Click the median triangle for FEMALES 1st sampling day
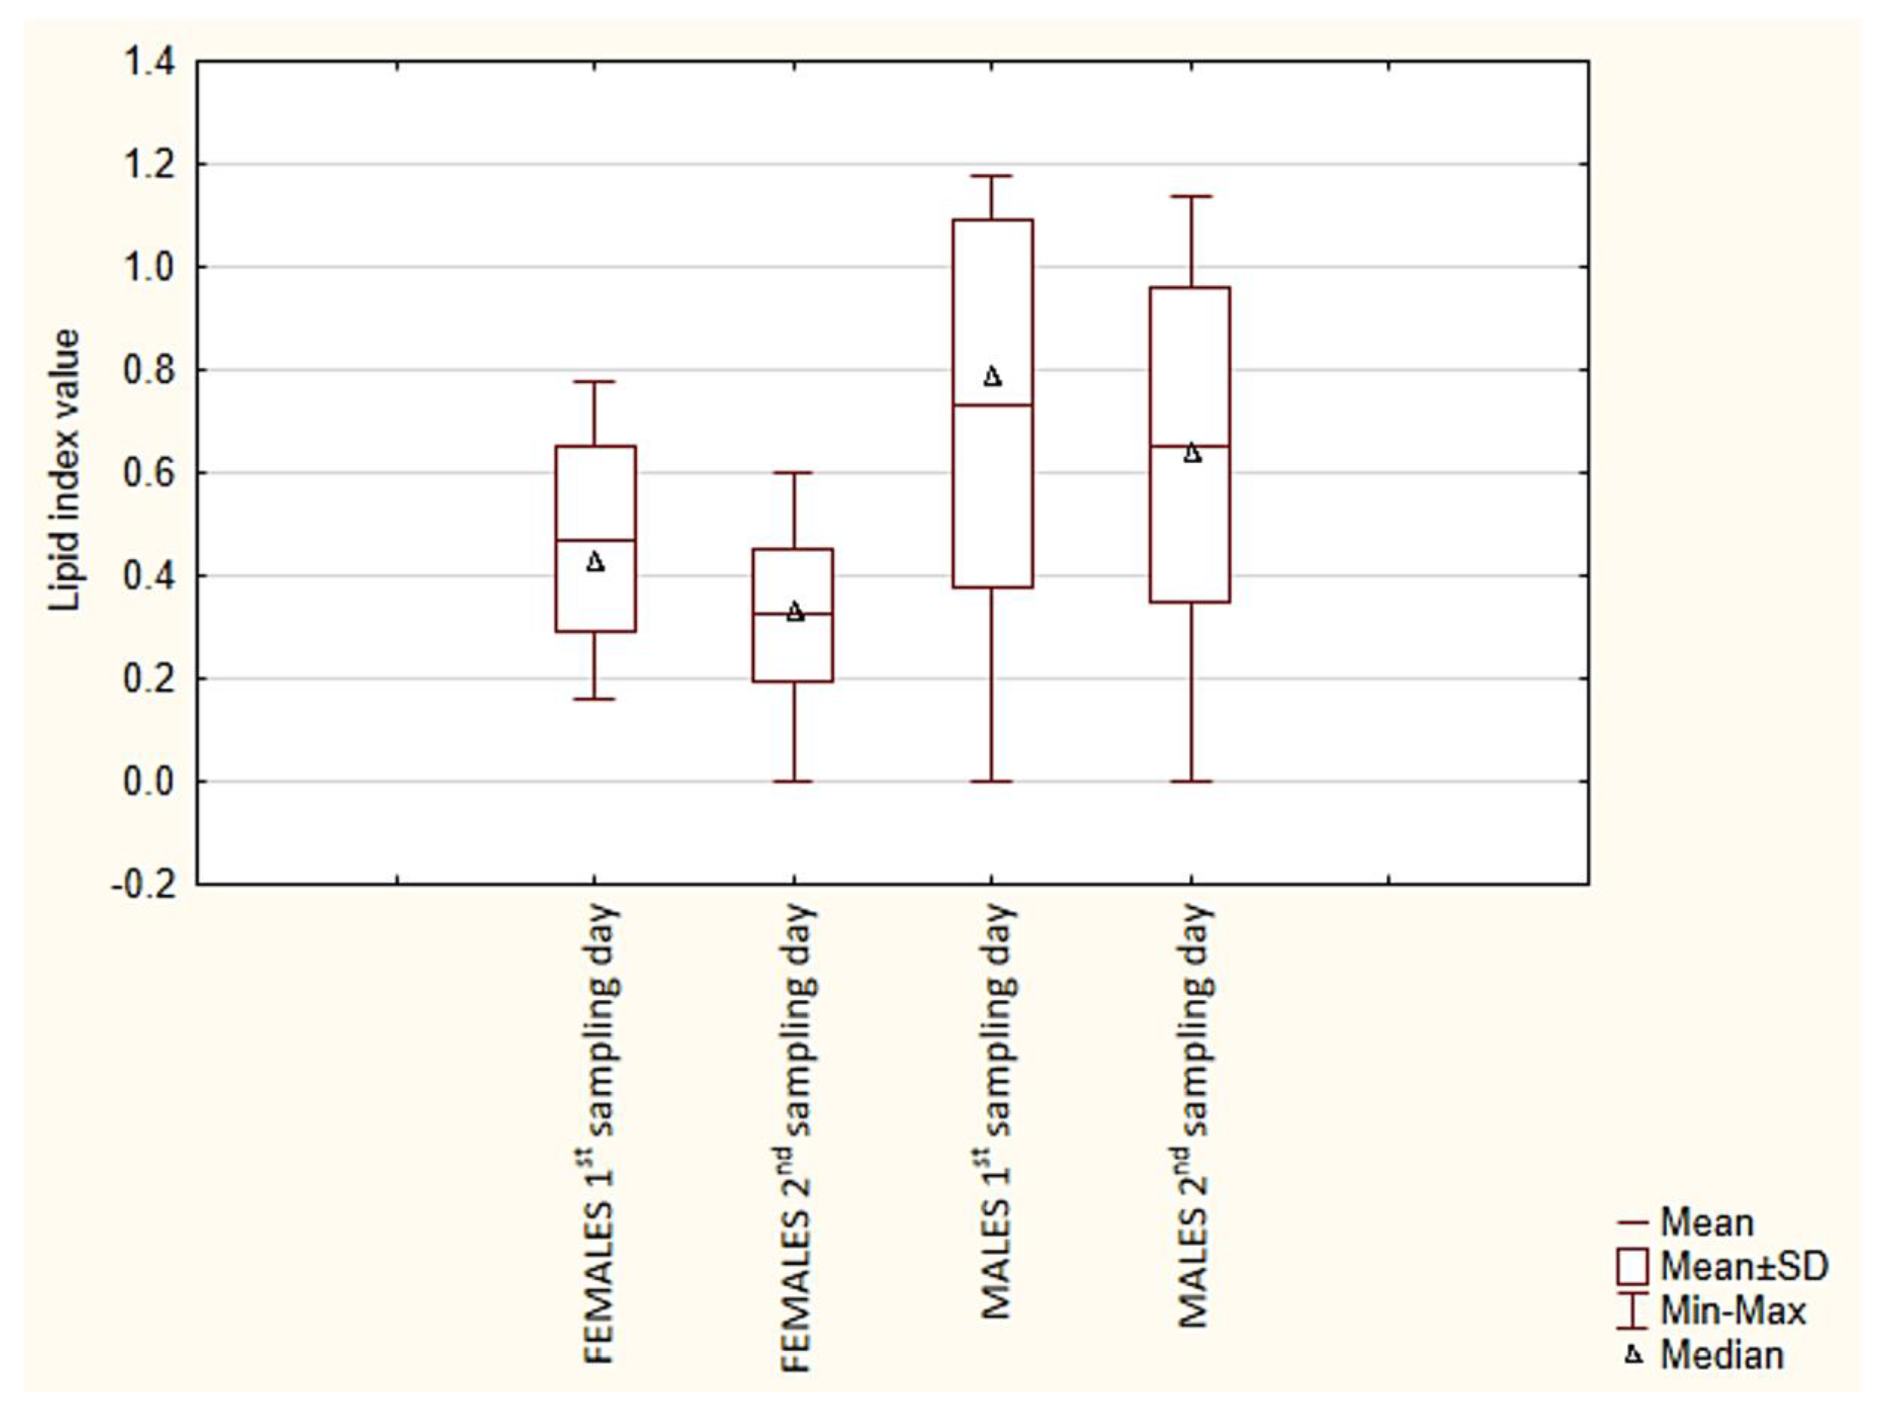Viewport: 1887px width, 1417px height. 595,562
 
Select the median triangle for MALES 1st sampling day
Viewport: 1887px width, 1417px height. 992,376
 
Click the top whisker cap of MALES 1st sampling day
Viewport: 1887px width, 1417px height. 992,176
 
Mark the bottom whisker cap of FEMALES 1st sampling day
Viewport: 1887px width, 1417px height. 595,699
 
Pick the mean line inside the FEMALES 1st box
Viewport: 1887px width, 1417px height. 595,540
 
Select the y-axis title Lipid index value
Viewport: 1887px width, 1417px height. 65,471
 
